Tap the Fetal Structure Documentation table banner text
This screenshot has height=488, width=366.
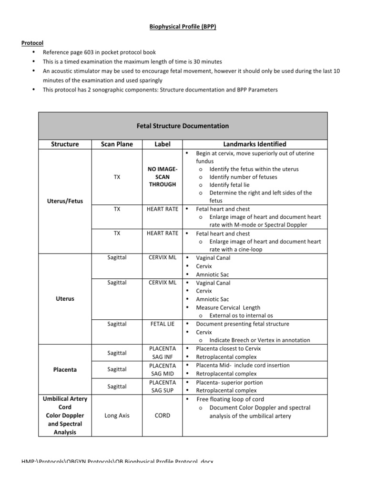coord(183,126)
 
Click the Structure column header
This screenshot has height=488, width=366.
coord(65,144)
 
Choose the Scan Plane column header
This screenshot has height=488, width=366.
coord(117,144)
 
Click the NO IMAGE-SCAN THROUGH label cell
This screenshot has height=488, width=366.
coord(162,176)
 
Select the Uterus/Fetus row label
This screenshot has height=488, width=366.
coord(65,201)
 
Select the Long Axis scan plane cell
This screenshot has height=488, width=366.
coord(117,416)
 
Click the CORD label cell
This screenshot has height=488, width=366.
coord(162,416)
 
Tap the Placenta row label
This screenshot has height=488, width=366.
coord(65,369)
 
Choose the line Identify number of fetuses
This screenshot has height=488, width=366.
coord(243,177)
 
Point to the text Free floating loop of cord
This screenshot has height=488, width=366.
coord(230,399)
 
